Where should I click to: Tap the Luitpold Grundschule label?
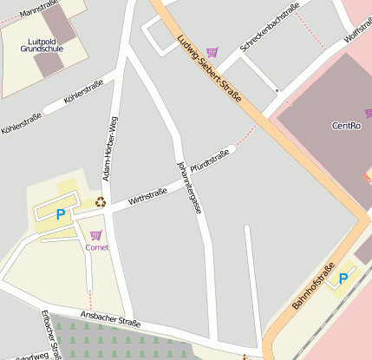(42, 45)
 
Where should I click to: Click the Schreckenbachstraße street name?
(270, 26)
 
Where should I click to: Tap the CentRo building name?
(346, 126)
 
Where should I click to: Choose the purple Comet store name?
(97, 247)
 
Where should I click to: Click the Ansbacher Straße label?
(109, 320)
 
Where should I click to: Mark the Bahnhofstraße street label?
(313, 285)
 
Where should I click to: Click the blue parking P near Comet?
(60, 214)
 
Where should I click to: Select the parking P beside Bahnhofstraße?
(343, 278)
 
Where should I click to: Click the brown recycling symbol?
(101, 202)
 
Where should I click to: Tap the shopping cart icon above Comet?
(95, 235)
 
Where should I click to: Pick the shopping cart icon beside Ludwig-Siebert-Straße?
(212, 53)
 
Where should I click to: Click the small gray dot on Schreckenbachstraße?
(277, 89)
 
